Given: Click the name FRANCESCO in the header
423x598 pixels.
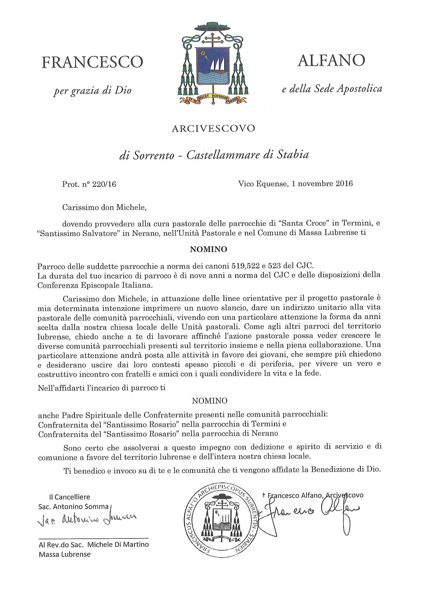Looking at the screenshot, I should [x=92, y=63].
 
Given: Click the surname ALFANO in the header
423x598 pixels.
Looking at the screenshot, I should [x=331, y=61].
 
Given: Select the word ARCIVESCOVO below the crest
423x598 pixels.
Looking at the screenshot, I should [x=213, y=129].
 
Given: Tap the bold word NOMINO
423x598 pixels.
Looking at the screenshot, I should [x=208, y=249].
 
